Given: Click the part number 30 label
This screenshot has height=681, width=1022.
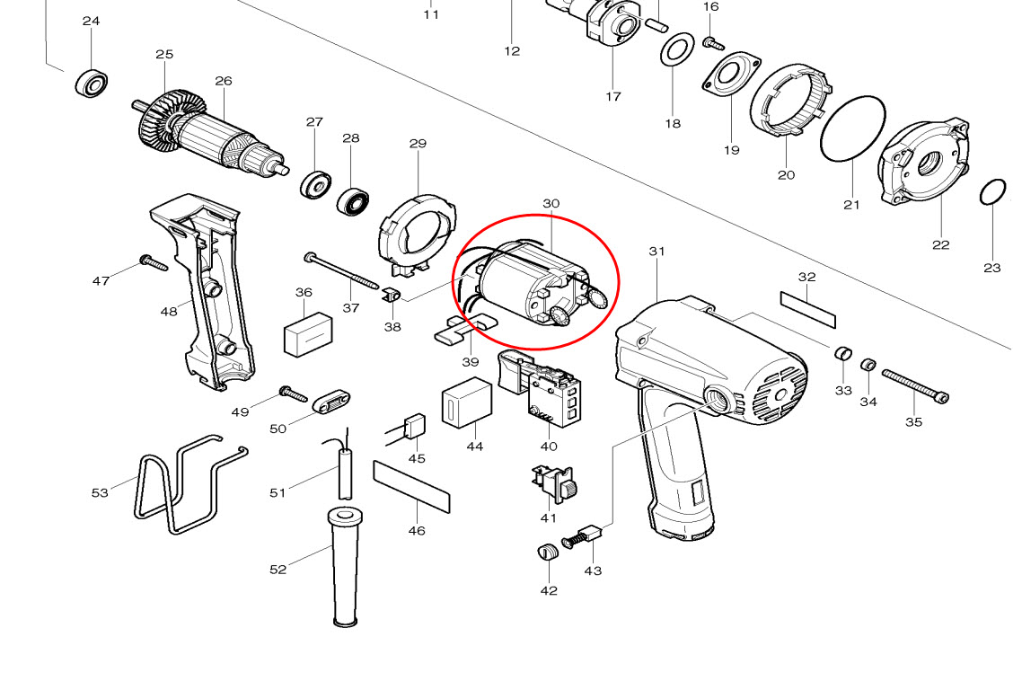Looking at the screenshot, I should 551,204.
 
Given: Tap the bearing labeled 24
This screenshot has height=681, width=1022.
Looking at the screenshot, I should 92,83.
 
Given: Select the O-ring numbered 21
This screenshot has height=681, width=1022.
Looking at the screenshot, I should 852,129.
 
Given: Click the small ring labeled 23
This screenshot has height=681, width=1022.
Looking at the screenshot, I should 992,193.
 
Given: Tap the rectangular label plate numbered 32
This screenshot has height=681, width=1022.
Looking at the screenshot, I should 807,308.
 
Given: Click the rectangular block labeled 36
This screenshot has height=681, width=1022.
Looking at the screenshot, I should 308,334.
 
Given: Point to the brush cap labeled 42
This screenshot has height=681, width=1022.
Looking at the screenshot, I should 547,552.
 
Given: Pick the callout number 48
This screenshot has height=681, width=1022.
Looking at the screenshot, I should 169,312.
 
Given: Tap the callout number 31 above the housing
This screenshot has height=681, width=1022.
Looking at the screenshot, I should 656,252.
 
